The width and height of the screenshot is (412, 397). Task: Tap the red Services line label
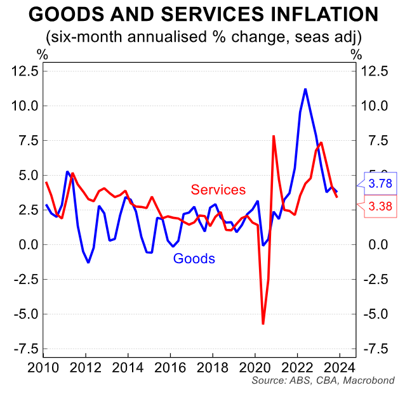tap(218, 190)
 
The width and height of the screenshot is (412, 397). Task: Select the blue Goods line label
tap(194, 258)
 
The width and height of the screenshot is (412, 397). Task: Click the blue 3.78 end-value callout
tap(380, 184)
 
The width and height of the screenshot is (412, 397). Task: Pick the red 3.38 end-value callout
tap(380, 205)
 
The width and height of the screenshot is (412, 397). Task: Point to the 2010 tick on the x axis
tap(44, 367)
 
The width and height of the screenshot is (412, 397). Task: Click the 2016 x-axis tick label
tap(169, 367)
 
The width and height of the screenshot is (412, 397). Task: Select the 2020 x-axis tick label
tap(255, 367)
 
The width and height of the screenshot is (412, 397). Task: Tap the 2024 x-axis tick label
tap(339, 367)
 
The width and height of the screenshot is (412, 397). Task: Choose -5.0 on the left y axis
tap(26, 314)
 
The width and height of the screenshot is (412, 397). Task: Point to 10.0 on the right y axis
tap(375, 106)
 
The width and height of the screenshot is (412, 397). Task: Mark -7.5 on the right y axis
tap(375, 349)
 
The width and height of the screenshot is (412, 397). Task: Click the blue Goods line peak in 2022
tap(305, 89)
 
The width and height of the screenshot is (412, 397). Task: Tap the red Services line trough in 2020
tap(263, 323)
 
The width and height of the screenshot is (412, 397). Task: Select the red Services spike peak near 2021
tap(274, 136)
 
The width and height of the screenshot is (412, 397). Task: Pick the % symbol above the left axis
tap(43, 53)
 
